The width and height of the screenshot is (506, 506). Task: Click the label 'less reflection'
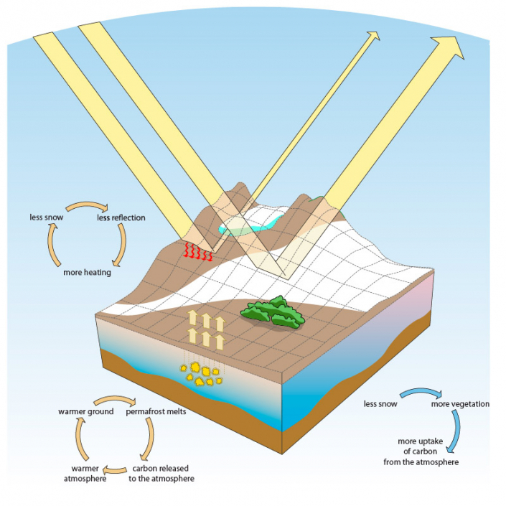pyautogui.click(x=121, y=218)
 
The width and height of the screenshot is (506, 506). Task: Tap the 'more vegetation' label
pyautogui.click(x=460, y=404)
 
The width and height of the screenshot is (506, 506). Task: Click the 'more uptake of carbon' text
pyautogui.click(x=428, y=451)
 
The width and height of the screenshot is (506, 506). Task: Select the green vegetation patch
pyautogui.click(x=273, y=313)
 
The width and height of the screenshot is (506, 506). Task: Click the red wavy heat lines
pyautogui.click(x=199, y=251)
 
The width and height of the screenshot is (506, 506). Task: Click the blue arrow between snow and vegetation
pyautogui.click(x=414, y=393)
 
